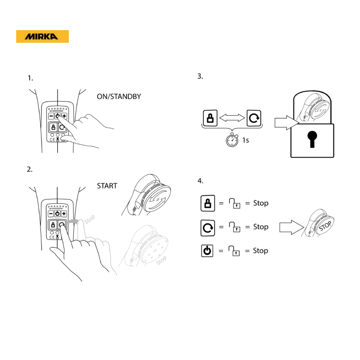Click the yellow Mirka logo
point(42,36)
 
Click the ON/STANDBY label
point(119,96)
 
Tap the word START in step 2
point(107,186)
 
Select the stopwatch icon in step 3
point(232,139)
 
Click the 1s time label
point(245,140)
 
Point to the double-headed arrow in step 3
point(232,118)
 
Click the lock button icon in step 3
point(210,118)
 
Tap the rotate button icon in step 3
point(254,118)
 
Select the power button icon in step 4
point(207,251)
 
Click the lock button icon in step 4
point(208,203)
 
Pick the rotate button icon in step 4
point(208,228)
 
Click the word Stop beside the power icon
point(261,251)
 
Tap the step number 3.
point(200,76)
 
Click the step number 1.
point(30,78)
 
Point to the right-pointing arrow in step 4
point(292,227)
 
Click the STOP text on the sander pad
point(325,226)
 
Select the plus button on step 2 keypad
point(64,213)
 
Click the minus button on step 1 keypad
point(51,116)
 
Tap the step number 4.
point(200,181)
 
